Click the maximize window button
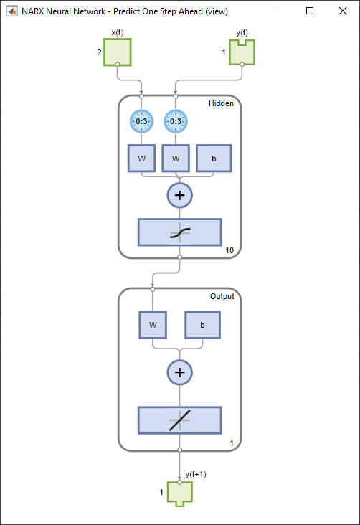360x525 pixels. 310,11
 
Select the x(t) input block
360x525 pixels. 118,52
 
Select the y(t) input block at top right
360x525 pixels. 242,52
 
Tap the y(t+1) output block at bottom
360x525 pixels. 180,493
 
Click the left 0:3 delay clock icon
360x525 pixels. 141,121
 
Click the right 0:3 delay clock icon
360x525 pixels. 176,121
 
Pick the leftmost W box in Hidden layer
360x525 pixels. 141,158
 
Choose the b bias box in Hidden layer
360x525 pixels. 214,158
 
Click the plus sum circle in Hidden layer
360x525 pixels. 180,194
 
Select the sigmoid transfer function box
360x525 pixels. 180,232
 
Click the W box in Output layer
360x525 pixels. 153,325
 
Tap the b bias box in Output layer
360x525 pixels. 203,325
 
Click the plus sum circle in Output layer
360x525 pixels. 180,372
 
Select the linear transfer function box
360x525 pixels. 180,419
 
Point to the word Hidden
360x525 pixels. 221,104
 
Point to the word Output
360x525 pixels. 222,296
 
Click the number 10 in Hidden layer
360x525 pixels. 229,251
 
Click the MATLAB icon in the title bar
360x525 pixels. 11,11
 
